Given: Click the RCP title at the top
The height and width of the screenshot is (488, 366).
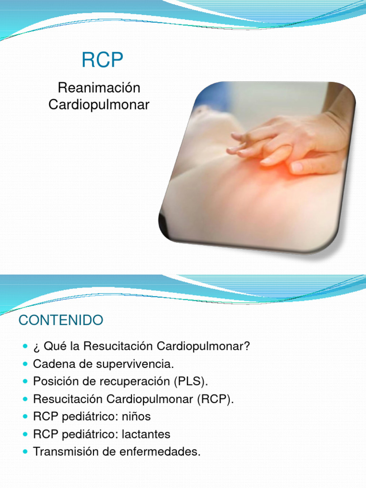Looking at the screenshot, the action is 102,60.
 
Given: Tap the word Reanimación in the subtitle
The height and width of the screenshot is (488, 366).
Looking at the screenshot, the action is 99,88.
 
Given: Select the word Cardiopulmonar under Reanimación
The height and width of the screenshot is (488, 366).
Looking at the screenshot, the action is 99,104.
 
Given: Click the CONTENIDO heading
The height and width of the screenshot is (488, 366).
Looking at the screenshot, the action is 61,320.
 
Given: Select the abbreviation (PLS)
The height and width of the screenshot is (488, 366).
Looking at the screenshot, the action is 191,381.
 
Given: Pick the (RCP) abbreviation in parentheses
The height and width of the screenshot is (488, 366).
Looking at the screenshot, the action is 215,399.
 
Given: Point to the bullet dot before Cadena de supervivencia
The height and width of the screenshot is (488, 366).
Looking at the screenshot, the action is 26,364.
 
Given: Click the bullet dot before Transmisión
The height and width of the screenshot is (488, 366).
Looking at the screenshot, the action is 26,452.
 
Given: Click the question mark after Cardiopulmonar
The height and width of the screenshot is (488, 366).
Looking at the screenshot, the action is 247,346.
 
